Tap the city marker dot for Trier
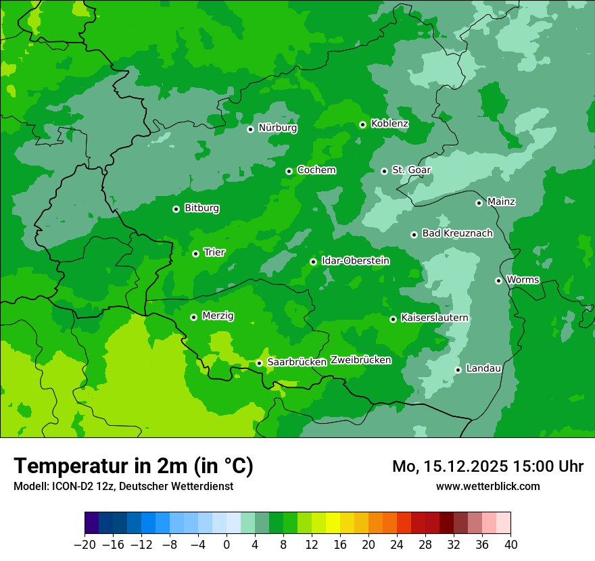pos(195,253)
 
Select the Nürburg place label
pos(277,128)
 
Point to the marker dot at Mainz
pos(479,203)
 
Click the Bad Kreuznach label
pos(457,233)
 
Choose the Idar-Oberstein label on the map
pos(355,261)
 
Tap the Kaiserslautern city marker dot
pos(393,319)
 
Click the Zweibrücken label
pos(360,360)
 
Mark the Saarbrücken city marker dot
pos(259,363)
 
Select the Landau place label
pos(483,368)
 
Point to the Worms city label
pos(523,280)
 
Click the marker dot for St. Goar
pos(384,171)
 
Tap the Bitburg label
pos(201,208)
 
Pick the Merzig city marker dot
pos(193,317)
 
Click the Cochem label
pos(316,170)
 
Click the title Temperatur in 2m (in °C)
pos(133,466)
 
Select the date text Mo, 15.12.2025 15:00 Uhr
pos(487,466)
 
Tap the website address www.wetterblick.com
pos(487,486)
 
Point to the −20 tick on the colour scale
pos(85,545)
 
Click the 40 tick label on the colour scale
pos(510,545)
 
